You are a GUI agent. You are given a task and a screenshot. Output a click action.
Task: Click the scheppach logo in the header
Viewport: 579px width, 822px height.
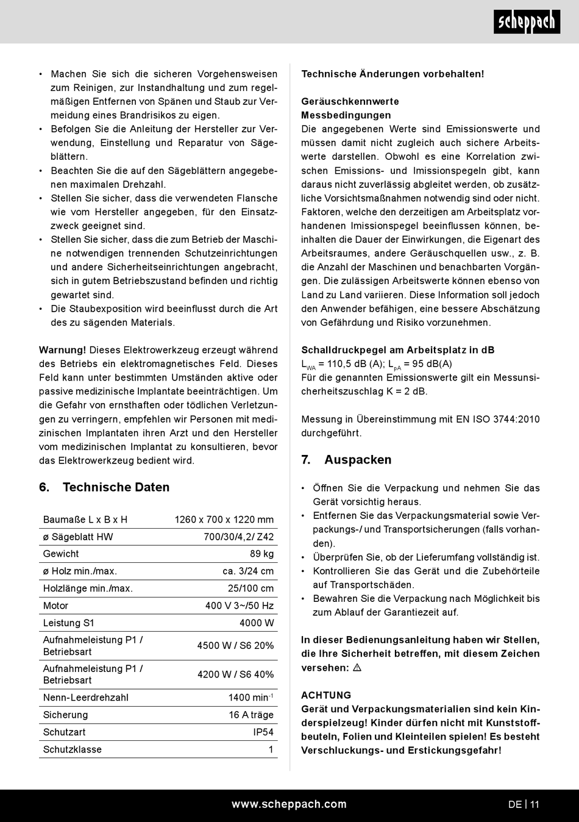pos(527,23)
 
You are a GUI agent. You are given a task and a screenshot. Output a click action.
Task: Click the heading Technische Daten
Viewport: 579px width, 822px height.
pos(116,487)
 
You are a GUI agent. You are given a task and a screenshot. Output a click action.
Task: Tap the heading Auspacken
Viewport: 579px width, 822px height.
pos(358,460)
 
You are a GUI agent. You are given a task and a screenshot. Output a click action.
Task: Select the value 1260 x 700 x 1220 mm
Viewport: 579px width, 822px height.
pos(224,520)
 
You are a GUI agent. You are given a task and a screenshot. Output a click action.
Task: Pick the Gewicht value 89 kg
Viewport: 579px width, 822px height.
pos(261,554)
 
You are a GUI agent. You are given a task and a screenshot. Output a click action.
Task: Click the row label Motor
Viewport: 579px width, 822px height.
pos(55,606)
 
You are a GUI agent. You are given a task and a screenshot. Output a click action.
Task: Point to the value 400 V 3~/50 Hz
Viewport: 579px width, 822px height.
pos(239,606)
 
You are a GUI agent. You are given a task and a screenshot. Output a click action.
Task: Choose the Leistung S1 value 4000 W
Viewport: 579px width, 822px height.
pos(257,623)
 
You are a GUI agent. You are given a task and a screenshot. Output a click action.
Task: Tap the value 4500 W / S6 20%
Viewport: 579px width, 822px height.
pos(235,645)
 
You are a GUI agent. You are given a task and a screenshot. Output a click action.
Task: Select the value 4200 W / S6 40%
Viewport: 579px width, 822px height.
pos(235,674)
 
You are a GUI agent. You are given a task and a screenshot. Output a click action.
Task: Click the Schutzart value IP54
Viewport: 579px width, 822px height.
pos(263,732)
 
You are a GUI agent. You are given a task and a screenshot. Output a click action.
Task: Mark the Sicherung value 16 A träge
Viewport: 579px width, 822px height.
pos(251,715)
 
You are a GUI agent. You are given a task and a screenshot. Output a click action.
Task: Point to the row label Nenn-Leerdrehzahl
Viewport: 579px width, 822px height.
pos(85,698)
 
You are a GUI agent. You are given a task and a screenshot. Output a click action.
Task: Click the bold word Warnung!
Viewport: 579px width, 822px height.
pos(63,350)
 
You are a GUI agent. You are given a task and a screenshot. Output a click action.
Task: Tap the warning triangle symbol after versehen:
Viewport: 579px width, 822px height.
pos(357,668)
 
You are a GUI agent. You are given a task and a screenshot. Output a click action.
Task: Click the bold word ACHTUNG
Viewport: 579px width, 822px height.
pos(326,695)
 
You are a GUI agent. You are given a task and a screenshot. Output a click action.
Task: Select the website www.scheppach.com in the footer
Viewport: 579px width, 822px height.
pos(289,804)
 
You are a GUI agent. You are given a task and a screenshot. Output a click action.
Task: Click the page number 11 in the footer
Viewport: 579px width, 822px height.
pos(535,804)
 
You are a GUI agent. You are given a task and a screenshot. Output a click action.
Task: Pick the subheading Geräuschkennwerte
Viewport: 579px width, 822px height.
pos(350,101)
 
